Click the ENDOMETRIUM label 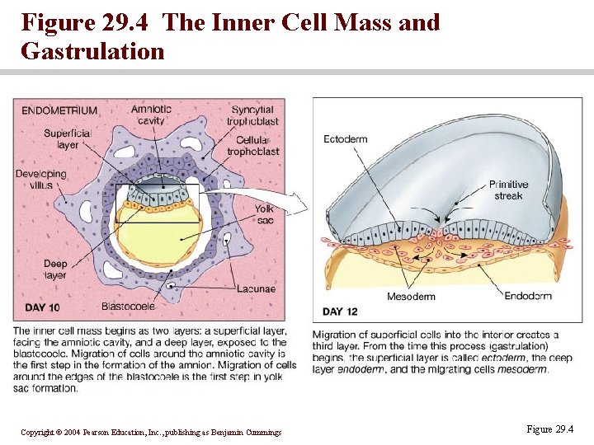pyautogui.click(x=59, y=110)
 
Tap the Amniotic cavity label pyautogui.click(x=151, y=115)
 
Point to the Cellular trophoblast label pyautogui.click(x=252, y=146)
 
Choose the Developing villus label pyautogui.click(x=40, y=180)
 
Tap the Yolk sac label pyautogui.click(x=264, y=215)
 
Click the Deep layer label pyautogui.click(x=55, y=269)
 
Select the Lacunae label pyautogui.click(x=255, y=288)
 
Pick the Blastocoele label pyautogui.click(x=128, y=307)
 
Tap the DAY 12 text pyautogui.click(x=340, y=311)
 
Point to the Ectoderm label pyautogui.click(x=345, y=138)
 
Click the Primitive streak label pyautogui.click(x=508, y=190)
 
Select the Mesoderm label pyautogui.click(x=411, y=297)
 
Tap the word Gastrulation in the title pyautogui.click(x=92, y=51)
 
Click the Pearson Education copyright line pyautogui.click(x=151, y=433)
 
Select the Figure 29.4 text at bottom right pyautogui.click(x=549, y=429)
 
